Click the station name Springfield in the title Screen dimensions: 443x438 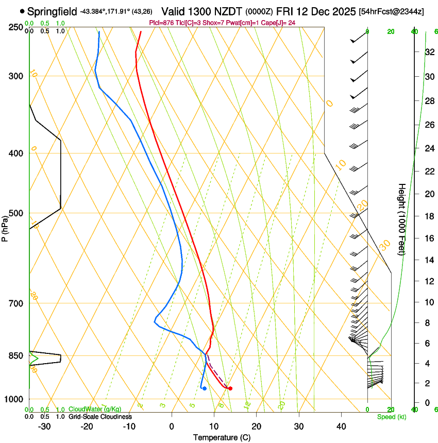coord(52,11)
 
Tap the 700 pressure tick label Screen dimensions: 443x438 coord(16,303)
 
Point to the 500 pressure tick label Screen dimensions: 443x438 coord(16,213)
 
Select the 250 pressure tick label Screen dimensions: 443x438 coord(16,27)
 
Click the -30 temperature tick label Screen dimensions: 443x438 coord(44,427)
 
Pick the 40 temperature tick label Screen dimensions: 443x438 coord(341,427)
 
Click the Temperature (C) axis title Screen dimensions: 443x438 coord(222,437)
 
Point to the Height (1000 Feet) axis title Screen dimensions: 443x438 coord(402,219)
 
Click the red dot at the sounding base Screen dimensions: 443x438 coord(230,388)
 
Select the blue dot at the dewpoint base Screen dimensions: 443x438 coord(205,388)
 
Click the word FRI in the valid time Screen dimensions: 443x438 coord(285,11)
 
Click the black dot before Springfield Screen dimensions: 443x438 coord(22,11)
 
